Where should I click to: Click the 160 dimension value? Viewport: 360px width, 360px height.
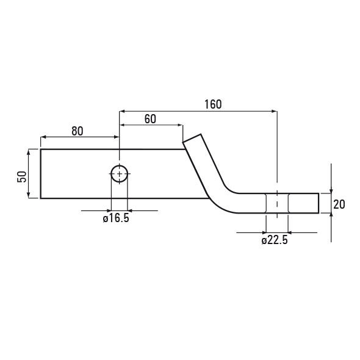[x=213, y=104]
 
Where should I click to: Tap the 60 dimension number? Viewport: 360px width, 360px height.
[x=150, y=119]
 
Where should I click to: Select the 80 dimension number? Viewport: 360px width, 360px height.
[x=77, y=131]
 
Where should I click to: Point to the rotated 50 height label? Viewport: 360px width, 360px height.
[x=22, y=177]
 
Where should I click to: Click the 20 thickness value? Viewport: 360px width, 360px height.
[x=339, y=204]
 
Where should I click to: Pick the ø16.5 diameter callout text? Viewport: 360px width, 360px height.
[x=116, y=218]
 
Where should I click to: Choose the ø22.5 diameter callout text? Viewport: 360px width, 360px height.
[x=275, y=240]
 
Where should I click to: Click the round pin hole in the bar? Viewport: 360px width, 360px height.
[x=119, y=165]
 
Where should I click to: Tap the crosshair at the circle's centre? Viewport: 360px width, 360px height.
[x=120, y=174]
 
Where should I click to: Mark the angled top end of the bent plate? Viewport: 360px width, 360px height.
[x=192, y=139]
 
